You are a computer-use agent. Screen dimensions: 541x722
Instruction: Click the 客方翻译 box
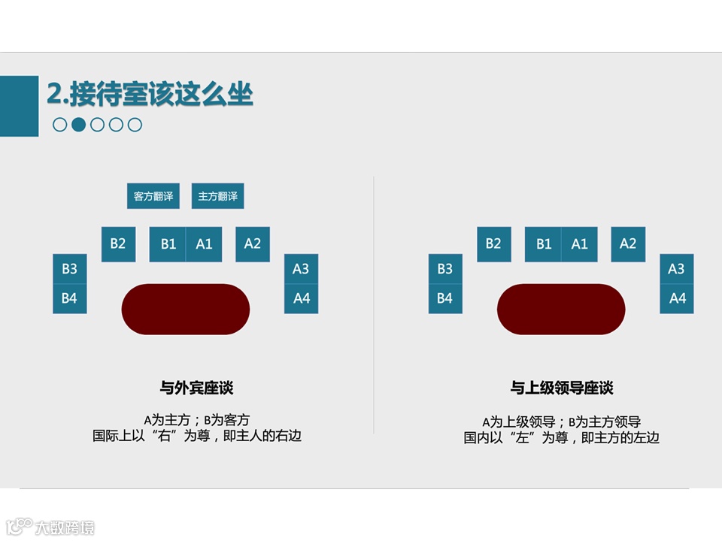153,196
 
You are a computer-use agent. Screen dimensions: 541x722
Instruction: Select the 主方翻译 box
217,196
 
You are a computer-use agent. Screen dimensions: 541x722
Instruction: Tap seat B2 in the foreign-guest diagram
118,244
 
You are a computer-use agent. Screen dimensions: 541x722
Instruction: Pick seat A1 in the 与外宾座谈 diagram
204,244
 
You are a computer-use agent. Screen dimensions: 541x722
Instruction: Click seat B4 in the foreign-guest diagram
69,298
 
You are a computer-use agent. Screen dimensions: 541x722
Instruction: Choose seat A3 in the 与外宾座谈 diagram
301,269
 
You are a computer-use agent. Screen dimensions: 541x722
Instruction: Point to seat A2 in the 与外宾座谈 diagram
253,244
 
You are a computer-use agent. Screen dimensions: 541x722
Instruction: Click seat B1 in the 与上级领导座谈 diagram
543,244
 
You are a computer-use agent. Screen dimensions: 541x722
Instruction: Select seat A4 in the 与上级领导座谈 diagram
677,298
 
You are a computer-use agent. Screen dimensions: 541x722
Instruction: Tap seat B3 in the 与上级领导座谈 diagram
445,269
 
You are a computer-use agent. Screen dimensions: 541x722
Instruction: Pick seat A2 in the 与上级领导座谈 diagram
628,244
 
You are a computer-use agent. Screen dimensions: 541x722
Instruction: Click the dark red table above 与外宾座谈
186,309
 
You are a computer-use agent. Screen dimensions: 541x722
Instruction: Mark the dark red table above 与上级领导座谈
561,309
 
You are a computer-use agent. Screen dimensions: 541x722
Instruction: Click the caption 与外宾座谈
196,388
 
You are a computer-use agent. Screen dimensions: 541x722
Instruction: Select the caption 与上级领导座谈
562,388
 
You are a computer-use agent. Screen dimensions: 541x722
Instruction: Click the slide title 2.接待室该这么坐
150,95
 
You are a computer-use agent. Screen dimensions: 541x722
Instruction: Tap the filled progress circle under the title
78,125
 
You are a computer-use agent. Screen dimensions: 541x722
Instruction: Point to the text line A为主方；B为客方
196,420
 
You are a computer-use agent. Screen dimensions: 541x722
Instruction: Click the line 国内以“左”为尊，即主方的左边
562,437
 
